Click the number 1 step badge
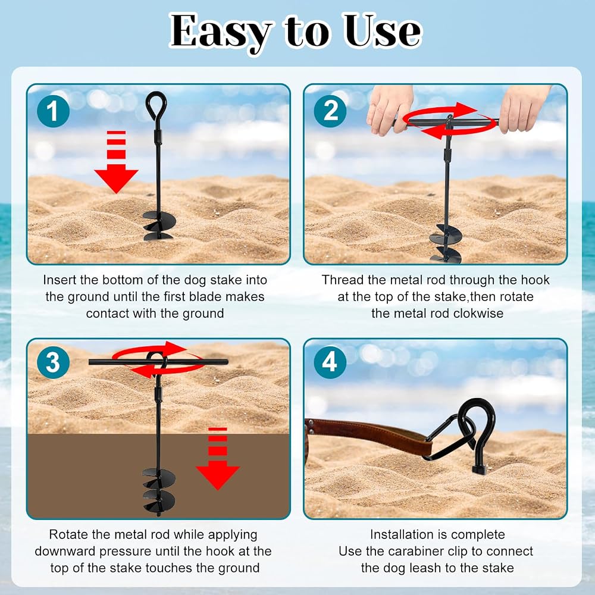pos(53,111)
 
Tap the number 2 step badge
pos(330,111)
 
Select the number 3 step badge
pos(53,362)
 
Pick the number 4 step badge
pos(330,362)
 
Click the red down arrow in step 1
pos(116,162)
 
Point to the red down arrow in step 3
pos(218,458)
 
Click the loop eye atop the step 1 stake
pos(156,105)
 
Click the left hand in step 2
pos(389,109)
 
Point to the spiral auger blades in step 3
pos(159,491)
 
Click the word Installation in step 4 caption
pos(402,534)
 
